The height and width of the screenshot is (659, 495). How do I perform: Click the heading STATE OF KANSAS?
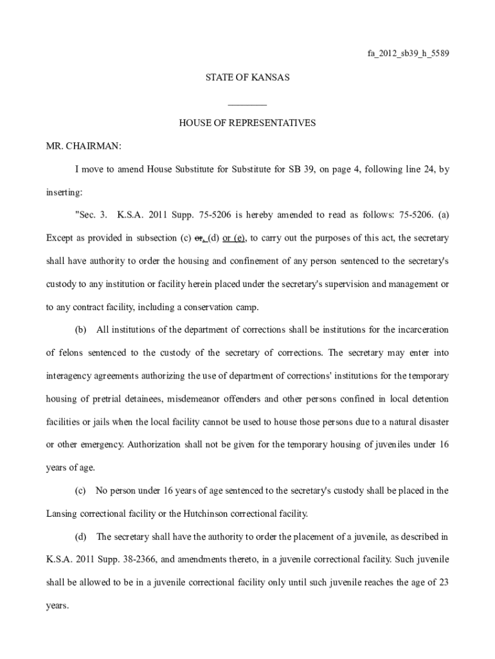248,77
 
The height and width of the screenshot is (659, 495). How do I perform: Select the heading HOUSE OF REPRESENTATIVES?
248,122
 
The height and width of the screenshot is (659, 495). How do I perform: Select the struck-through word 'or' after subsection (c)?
200,238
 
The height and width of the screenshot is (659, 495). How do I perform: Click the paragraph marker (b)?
80,330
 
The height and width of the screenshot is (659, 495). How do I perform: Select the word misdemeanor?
195,399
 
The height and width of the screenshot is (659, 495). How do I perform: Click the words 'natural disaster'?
419,422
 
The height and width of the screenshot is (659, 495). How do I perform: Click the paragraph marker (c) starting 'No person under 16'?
80,490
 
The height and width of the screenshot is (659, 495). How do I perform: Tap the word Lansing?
62,514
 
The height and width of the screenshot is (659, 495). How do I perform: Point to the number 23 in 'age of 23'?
443,582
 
